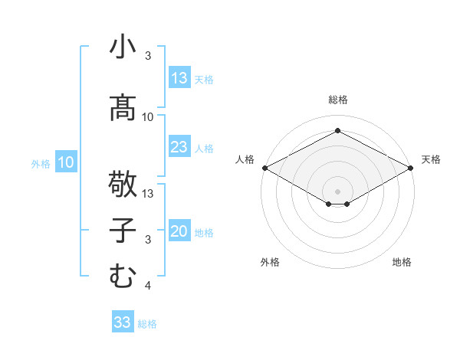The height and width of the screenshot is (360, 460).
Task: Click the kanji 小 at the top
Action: tap(122, 47)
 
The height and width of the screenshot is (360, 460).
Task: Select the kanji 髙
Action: tap(122, 108)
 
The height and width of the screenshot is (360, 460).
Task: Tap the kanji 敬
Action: tap(122, 184)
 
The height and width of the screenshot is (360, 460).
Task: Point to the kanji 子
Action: tap(122, 232)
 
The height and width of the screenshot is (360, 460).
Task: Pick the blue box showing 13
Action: tap(179, 78)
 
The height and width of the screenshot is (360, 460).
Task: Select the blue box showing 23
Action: tap(179, 147)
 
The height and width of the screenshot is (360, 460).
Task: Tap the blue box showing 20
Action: tap(179, 232)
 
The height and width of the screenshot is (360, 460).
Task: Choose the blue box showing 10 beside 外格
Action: tap(66, 162)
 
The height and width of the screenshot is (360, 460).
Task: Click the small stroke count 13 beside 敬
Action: tap(148, 193)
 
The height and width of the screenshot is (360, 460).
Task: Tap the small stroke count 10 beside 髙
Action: tap(148, 117)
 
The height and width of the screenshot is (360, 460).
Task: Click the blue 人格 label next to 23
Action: tap(204, 148)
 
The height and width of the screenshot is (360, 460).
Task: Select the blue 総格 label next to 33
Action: tap(147, 323)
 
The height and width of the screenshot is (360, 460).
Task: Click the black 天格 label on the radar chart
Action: tap(431, 159)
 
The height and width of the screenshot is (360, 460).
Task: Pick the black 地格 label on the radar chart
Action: tap(402, 263)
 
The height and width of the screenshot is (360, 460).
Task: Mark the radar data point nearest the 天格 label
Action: tap(411, 168)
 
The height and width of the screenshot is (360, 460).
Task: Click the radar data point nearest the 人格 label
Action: tap(264, 168)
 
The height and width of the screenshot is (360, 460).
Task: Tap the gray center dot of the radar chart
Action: tap(337, 191)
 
